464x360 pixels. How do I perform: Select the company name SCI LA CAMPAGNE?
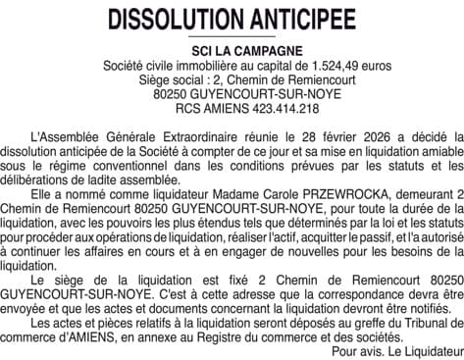click(232, 51)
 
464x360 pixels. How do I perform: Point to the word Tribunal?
click(433, 322)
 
